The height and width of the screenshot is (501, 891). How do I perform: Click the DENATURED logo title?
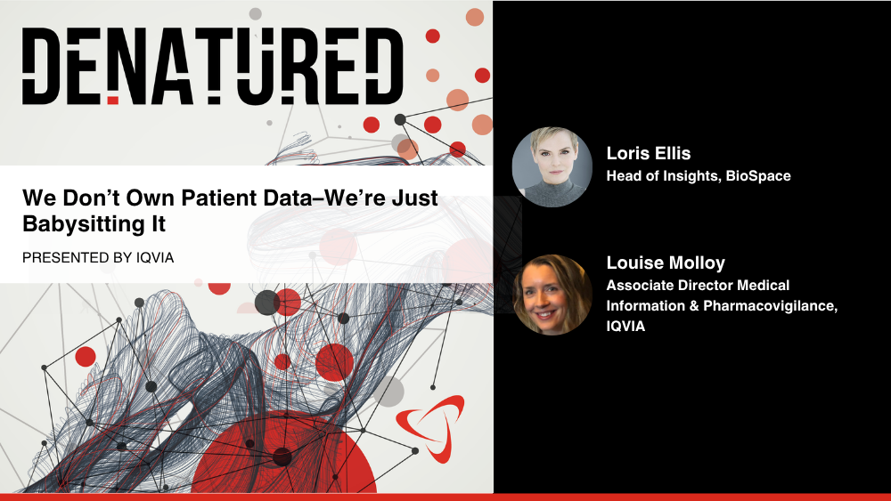click(x=213, y=66)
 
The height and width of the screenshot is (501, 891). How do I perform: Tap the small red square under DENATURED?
click(x=113, y=101)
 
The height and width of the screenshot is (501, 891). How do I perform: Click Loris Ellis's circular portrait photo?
click(x=552, y=166)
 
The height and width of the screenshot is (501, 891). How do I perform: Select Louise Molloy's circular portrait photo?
click(x=552, y=295)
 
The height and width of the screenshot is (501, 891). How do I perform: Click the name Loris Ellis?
click(x=649, y=153)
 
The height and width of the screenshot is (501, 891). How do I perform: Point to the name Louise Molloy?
click(x=666, y=263)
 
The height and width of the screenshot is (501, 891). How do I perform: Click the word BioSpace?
click(x=758, y=176)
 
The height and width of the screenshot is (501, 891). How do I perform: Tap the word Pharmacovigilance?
click(x=770, y=306)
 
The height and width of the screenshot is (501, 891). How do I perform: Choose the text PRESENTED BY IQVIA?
click(x=98, y=257)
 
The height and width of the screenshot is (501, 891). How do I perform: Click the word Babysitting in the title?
click(x=84, y=224)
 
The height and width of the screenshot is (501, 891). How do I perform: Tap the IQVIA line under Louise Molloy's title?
click(x=625, y=327)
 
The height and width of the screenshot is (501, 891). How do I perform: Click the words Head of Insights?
click(x=663, y=176)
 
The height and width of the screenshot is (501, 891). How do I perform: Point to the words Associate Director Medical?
click(x=698, y=285)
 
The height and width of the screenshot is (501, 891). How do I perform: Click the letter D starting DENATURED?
click(x=41, y=66)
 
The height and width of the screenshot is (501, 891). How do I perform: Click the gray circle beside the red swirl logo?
click(x=388, y=391)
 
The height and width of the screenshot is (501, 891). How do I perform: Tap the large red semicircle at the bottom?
click(x=283, y=453)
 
